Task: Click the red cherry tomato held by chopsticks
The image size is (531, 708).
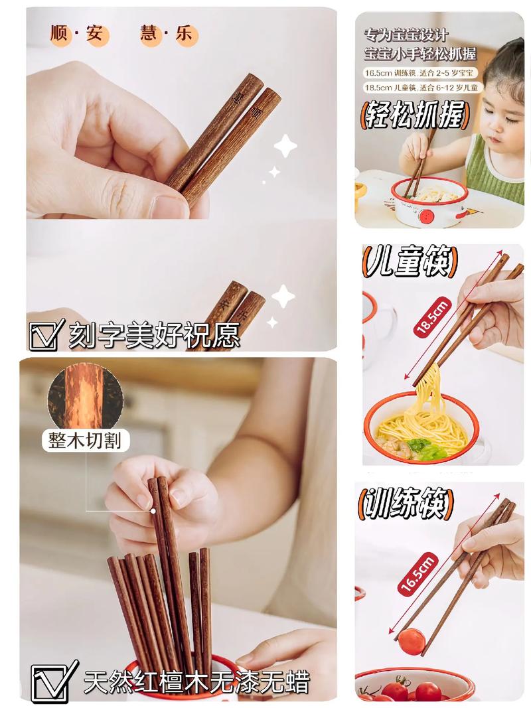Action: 412,642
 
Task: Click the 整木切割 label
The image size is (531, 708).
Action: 85,440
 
